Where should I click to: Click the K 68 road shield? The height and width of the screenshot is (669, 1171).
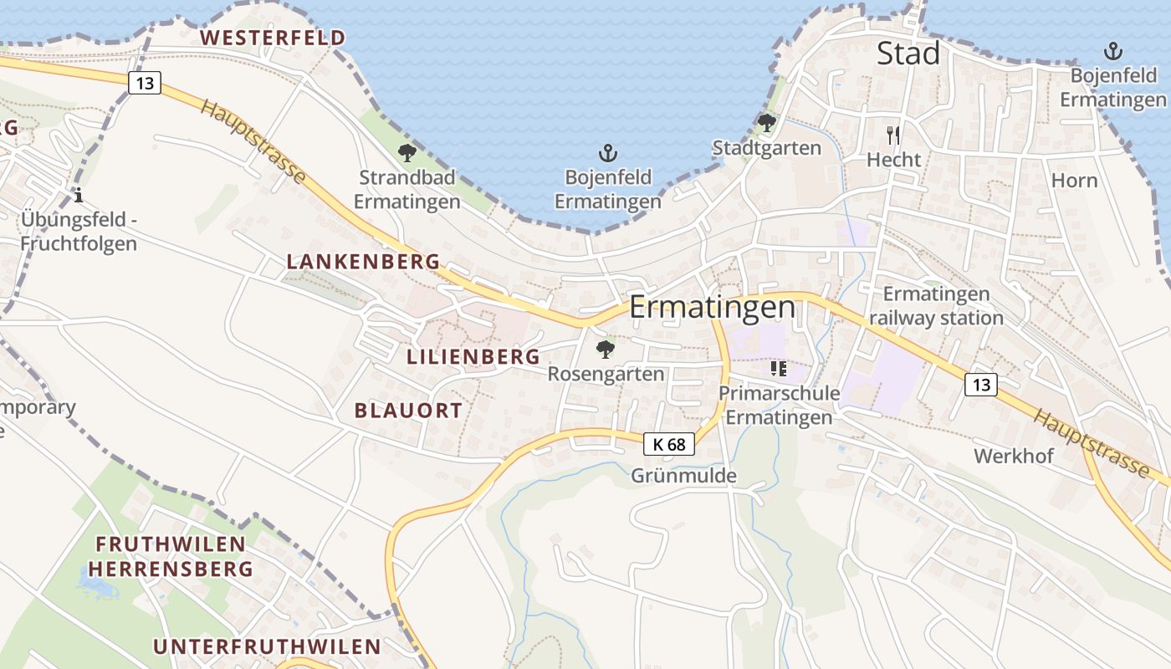click(669, 444)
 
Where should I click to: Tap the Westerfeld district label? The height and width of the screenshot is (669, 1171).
click(273, 38)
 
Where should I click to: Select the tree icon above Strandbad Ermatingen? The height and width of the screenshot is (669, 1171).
click(407, 152)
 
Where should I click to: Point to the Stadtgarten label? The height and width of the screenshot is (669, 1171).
click(766, 148)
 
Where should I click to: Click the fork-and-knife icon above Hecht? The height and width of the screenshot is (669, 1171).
click(893, 135)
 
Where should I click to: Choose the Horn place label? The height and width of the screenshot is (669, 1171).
click(1074, 180)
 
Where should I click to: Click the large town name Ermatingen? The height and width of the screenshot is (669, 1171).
click(712, 307)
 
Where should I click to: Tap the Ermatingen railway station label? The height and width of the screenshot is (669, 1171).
click(936, 306)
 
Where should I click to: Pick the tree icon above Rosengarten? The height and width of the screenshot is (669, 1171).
click(605, 349)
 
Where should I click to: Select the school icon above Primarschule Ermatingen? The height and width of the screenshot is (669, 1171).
click(779, 368)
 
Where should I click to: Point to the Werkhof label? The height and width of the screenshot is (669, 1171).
click(1014, 456)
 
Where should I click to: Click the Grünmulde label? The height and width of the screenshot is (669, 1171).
click(684, 476)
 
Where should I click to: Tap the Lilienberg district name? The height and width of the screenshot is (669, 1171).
click(473, 357)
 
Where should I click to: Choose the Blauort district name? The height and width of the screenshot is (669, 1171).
click(408, 411)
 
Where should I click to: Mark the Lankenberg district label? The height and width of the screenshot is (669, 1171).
click(363, 262)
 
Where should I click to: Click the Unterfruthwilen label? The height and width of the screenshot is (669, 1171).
click(267, 646)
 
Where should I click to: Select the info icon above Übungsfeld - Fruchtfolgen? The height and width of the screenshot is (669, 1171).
click(79, 196)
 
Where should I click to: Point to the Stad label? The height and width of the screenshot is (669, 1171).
click(908, 54)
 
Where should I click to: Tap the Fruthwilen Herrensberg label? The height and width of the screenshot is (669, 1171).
click(171, 557)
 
